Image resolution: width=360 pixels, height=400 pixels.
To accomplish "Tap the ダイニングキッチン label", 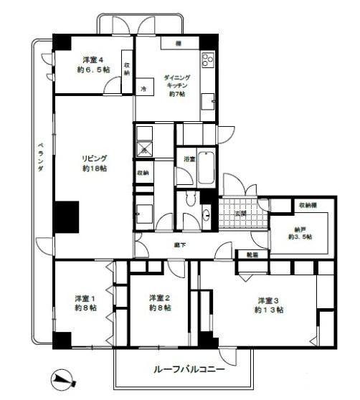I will [x=176, y=85].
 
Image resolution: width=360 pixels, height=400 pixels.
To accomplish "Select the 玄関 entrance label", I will [x=240, y=214].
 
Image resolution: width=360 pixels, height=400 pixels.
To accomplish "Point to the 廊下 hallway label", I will [x=180, y=246].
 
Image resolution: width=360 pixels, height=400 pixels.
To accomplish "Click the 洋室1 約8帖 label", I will [x=84, y=303].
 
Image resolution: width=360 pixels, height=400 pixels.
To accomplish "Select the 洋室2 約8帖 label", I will [x=159, y=303].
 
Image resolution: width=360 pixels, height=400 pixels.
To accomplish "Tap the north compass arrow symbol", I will [x=63, y=377].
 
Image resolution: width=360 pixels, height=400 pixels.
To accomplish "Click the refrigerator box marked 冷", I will [x=143, y=89].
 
